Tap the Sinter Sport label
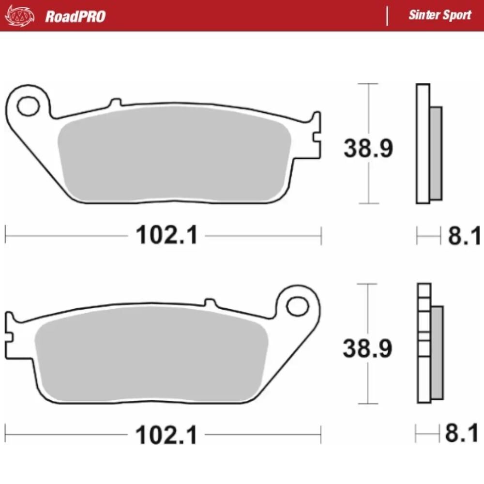click(439, 15)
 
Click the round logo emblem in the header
click(20, 16)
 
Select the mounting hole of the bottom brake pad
click(296, 305)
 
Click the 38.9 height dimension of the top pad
click(368, 148)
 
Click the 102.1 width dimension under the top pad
click(167, 236)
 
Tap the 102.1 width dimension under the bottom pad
click(167, 436)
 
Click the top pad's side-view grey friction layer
click(436, 153)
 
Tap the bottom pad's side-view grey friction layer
click(437, 353)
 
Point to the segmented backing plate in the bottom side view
click(424, 344)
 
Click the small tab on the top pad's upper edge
click(115, 103)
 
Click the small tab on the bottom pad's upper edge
click(210, 302)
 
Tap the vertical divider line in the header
click(387, 16)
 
